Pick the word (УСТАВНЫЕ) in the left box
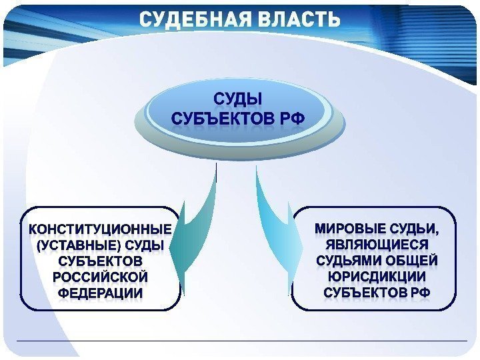(73, 245)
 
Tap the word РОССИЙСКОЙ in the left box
(100, 276)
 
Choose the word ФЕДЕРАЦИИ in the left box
(100, 292)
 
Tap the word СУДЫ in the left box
(149, 245)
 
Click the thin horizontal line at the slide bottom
(240, 341)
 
